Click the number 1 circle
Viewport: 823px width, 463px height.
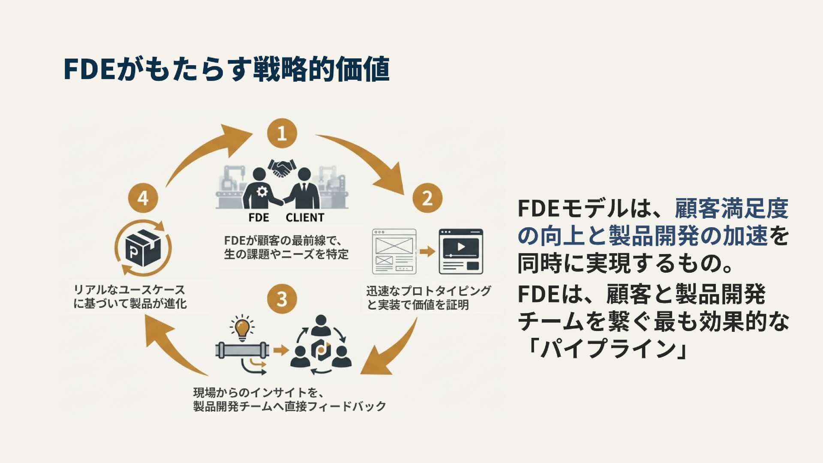pos(282,133)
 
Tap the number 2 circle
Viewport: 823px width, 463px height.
pos(427,198)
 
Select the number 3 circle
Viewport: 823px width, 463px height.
pos(282,299)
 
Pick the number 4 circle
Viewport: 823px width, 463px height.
pos(143,198)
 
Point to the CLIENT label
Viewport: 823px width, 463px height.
pos(305,218)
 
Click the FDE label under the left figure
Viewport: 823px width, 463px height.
pos(258,218)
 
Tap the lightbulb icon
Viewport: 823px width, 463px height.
pos(242,328)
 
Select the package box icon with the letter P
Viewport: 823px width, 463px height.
pos(143,248)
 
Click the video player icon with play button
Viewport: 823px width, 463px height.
pos(461,251)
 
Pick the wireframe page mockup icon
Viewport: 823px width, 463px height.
pos(394,251)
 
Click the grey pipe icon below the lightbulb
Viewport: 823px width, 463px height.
pos(242,350)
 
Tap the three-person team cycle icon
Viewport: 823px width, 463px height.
pos(321,348)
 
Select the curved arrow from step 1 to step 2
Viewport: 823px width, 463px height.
pos(369,161)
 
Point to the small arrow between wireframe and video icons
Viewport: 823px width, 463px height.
pos(427,251)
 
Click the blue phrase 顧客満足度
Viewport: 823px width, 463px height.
pos(731,209)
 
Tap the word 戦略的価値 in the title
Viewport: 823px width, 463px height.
pos(321,69)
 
